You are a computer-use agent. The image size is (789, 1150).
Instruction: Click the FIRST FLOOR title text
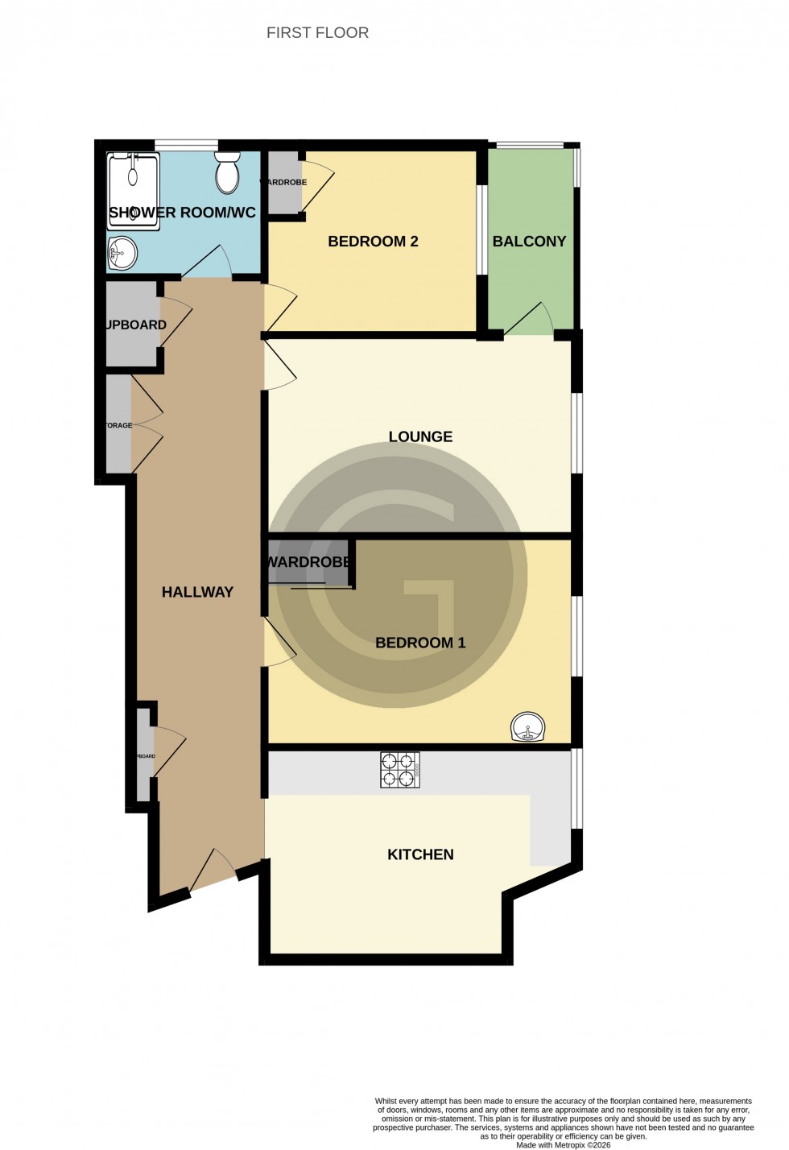[x=317, y=33]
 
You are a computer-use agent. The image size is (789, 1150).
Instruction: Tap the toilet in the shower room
[x=228, y=173]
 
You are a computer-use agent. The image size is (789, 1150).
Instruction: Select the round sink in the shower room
[x=122, y=254]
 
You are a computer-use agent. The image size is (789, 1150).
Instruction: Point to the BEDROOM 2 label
[x=373, y=242]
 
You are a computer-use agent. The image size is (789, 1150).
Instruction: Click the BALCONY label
[x=529, y=242]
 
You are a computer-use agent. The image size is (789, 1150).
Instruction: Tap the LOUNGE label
[x=420, y=436]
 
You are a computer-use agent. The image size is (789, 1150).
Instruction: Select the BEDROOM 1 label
[x=420, y=643]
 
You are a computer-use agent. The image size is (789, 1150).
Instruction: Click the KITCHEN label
[x=420, y=854]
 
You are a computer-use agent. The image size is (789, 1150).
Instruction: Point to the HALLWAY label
[x=197, y=592]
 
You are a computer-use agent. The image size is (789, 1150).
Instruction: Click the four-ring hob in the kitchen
[x=400, y=770]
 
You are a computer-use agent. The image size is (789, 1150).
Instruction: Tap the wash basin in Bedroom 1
[x=528, y=728]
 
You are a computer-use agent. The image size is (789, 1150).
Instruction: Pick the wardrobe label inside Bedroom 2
[x=283, y=183]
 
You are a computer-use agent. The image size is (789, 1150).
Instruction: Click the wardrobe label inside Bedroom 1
[x=308, y=562]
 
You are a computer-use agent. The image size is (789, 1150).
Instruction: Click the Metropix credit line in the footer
[x=563, y=1144]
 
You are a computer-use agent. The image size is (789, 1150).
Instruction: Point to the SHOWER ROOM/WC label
[x=182, y=213]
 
